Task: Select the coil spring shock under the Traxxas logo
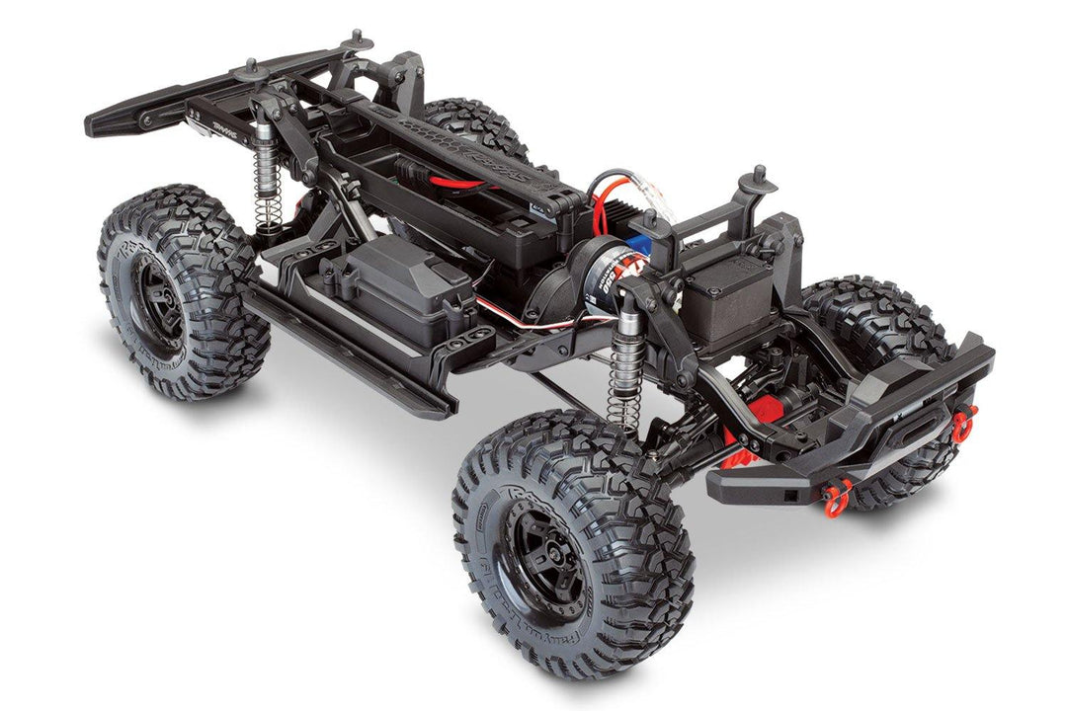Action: click(x=267, y=188)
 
